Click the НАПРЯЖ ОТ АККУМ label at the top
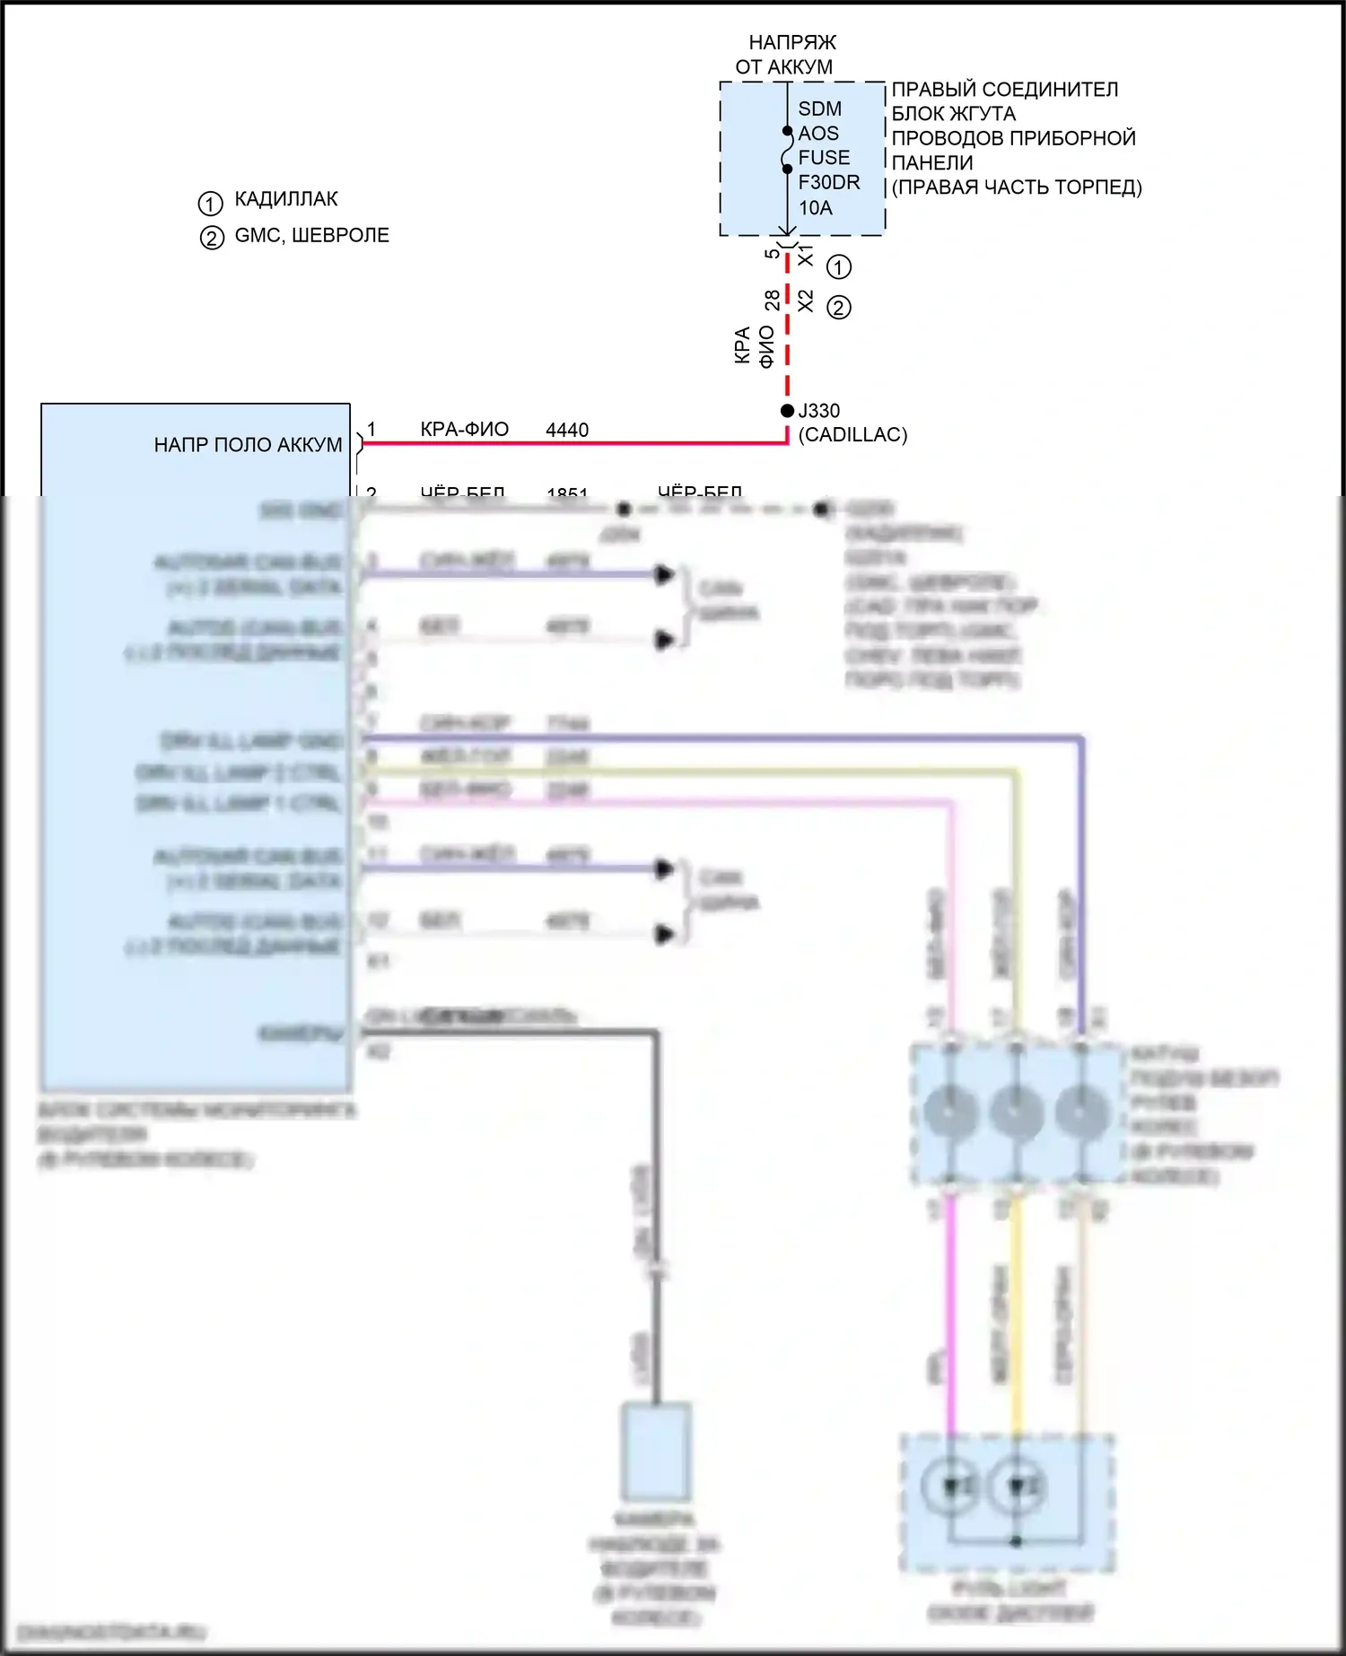[x=787, y=55]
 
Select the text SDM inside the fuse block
[x=819, y=109]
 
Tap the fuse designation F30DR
[x=828, y=182]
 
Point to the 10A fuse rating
[x=815, y=208]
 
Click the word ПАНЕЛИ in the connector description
[x=931, y=162]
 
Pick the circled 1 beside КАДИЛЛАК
[x=210, y=204]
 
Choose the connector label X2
[x=805, y=301]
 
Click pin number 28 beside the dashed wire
[x=772, y=300]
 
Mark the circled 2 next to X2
[x=838, y=308]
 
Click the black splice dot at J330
[x=787, y=411]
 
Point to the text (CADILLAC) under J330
[x=852, y=435]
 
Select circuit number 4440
[x=567, y=431]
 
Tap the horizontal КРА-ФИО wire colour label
[x=464, y=430]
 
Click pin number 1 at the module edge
[x=371, y=430]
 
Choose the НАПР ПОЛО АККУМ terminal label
[x=248, y=445]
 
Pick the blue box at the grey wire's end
[x=656, y=1451]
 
